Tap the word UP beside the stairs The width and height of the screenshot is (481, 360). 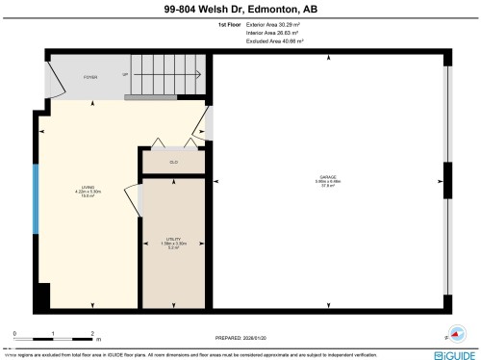point(125,75)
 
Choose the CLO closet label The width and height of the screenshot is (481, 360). point(174,162)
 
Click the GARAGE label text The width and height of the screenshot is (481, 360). point(328,180)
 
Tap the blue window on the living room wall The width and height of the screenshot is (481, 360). point(37,198)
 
